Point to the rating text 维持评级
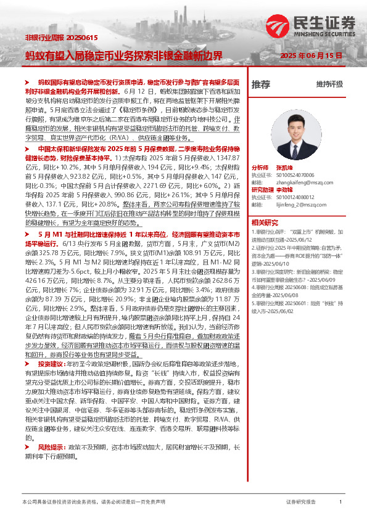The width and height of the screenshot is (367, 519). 328,84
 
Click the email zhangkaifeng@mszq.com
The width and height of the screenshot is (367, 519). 300,182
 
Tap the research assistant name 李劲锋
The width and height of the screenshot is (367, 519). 285,189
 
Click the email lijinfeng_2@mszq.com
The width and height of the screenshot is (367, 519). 297,203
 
